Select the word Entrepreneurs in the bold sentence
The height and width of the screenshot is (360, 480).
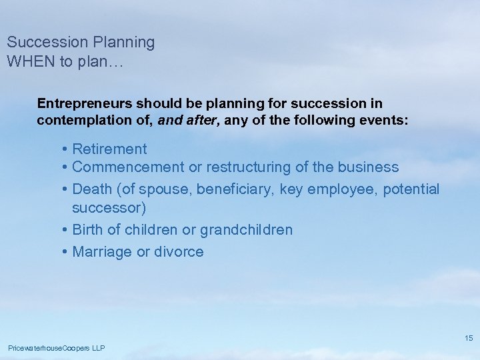pyautogui.click(x=85, y=103)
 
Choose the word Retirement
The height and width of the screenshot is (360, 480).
pyautogui.click(x=109, y=149)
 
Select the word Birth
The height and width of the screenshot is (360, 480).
pyautogui.click(x=88, y=229)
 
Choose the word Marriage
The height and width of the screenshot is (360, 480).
pyautogui.click(x=102, y=251)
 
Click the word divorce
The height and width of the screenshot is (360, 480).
pyautogui.click(x=179, y=251)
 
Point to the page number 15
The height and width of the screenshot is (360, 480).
pyautogui.click(x=469, y=338)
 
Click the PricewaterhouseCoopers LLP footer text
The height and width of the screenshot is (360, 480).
pyautogui.click(x=56, y=348)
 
